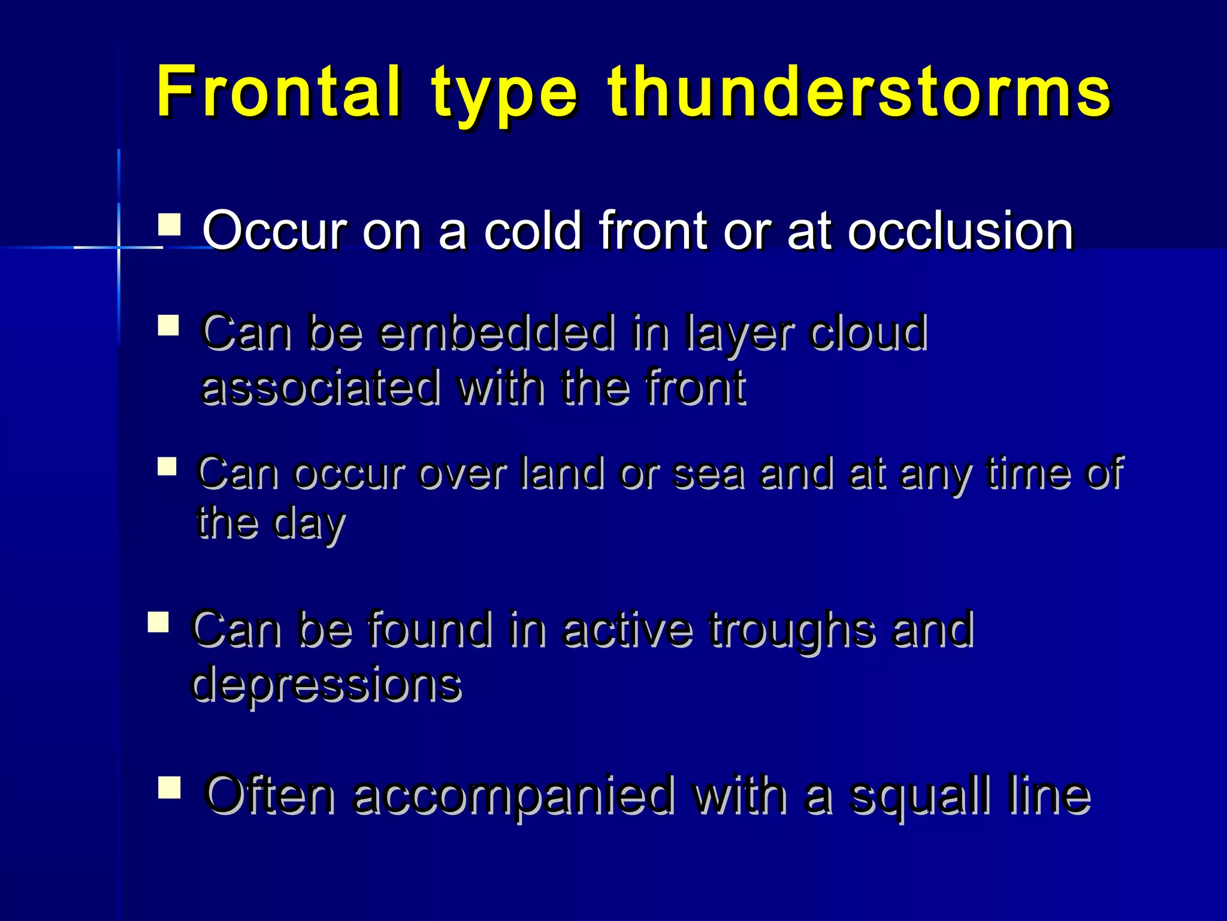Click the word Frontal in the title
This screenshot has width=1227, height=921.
pyautogui.click(x=277, y=91)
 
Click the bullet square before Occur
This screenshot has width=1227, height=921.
pyautogui.click(x=170, y=225)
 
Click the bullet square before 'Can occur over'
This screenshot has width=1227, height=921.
pyautogui.click(x=167, y=466)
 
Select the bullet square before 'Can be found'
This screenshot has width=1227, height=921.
pyautogui.click(x=158, y=622)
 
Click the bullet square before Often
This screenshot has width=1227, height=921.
pyautogui.click(x=170, y=787)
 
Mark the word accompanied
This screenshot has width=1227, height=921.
pyautogui.click(x=513, y=796)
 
